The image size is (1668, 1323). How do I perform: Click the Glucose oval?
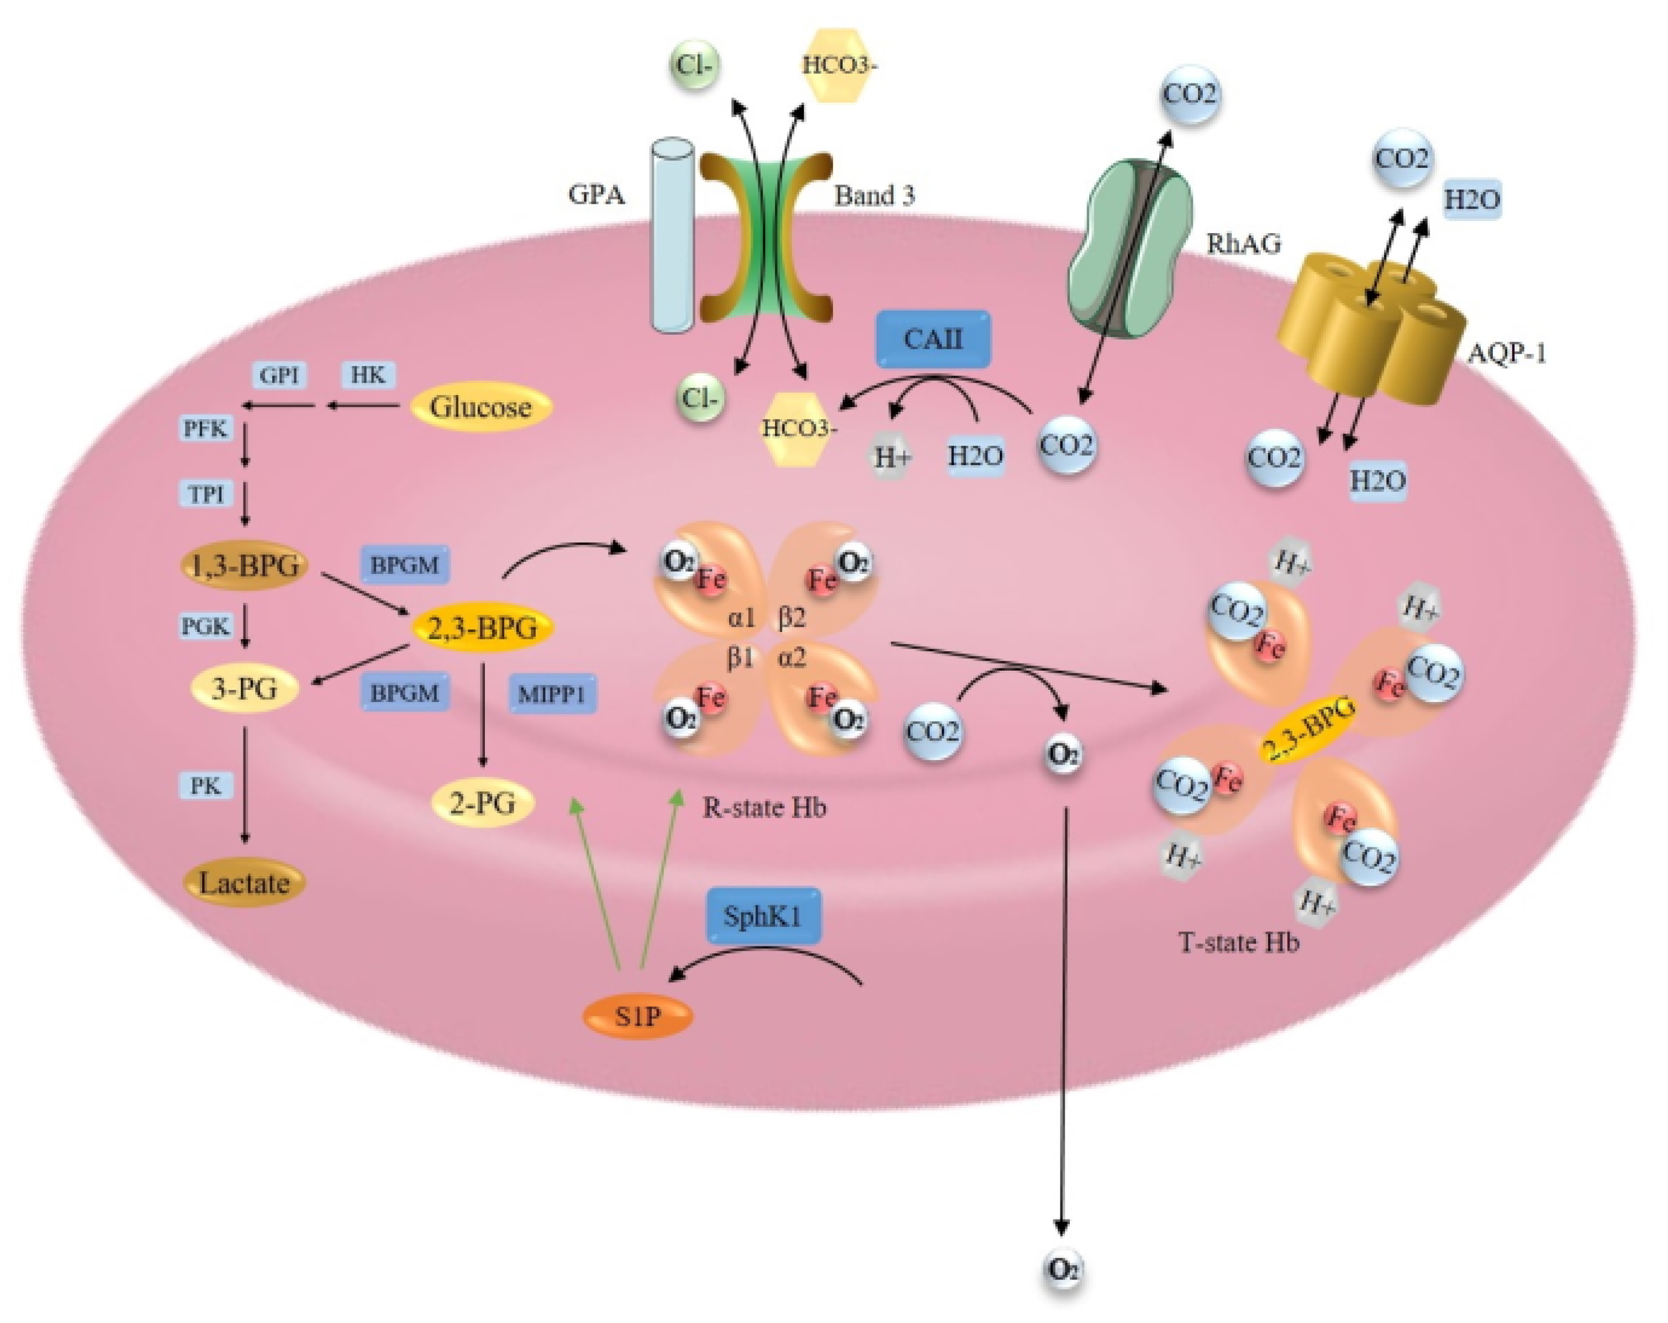pyautogui.click(x=481, y=407)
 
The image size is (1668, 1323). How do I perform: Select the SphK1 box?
pyautogui.click(x=763, y=915)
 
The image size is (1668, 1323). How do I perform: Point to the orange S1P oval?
pyautogui.click(x=637, y=1016)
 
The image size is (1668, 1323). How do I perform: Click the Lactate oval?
pyautogui.click(x=245, y=883)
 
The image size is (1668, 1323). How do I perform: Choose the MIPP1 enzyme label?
pyautogui.click(x=552, y=693)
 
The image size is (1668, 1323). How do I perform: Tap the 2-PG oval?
pyautogui.click(x=483, y=803)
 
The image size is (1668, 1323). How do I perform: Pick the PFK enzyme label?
pyautogui.click(x=205, y=428)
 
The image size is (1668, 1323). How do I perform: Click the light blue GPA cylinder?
pyautogui.click(x=672, y=236)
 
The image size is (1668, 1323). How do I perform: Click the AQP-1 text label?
pyautogui.click(x=1506, y=354)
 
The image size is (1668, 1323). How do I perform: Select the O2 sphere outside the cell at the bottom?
pyautogui.click(x=1063, y=1269)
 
